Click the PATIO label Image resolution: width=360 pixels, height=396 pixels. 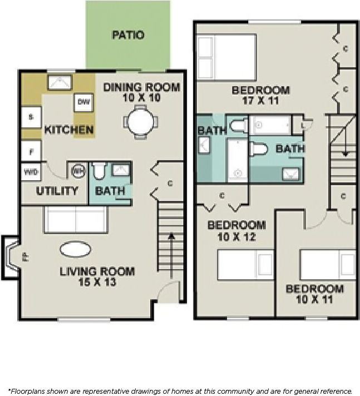click(128, 35)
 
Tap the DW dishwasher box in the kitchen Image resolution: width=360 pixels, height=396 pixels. click(83, 102)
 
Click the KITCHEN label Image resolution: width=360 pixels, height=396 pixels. click(69, 130)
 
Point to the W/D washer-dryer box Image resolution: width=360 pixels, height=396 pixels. click(30, 172)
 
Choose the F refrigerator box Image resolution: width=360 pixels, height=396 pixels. click(30, 150)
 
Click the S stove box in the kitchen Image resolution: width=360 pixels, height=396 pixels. click(30, 117)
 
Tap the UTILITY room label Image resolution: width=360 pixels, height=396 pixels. click(57, 191)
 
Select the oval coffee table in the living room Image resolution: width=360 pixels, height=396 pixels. click(76, 250)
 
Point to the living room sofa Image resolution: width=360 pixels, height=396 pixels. click(75, 220)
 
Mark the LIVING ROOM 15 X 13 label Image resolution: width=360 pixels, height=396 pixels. click(97, 276)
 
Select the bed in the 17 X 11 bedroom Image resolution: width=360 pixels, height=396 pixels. click(226, 58)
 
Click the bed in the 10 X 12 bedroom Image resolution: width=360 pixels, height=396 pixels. click(245, 265)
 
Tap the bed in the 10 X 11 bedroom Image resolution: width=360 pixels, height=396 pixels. click(327, 264)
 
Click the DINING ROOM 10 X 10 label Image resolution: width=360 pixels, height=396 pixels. click(142, 92)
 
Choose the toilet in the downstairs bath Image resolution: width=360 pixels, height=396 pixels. click(99, 171)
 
